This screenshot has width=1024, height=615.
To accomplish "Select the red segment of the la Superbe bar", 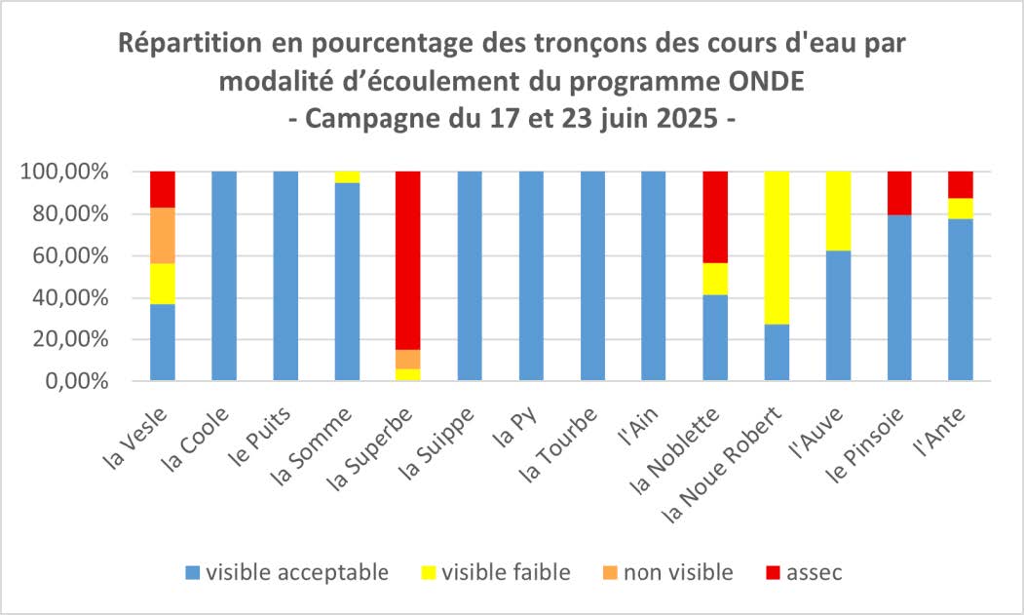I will [408, 259].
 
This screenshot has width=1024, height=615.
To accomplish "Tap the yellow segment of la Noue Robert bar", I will [777, 248].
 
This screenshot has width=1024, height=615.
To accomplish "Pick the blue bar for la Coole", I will [224, 276].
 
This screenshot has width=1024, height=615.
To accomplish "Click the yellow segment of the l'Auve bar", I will [838, 211].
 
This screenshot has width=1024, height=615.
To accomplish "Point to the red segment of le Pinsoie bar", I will [899, 193].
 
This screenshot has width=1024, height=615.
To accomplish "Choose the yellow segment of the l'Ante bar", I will [961, 209].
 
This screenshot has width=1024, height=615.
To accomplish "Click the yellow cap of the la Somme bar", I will [347, 177].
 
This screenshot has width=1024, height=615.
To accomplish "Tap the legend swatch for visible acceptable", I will [192, 573].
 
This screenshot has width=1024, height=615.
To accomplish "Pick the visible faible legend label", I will [506, 573].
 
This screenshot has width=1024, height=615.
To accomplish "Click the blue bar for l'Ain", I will [654, 276].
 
